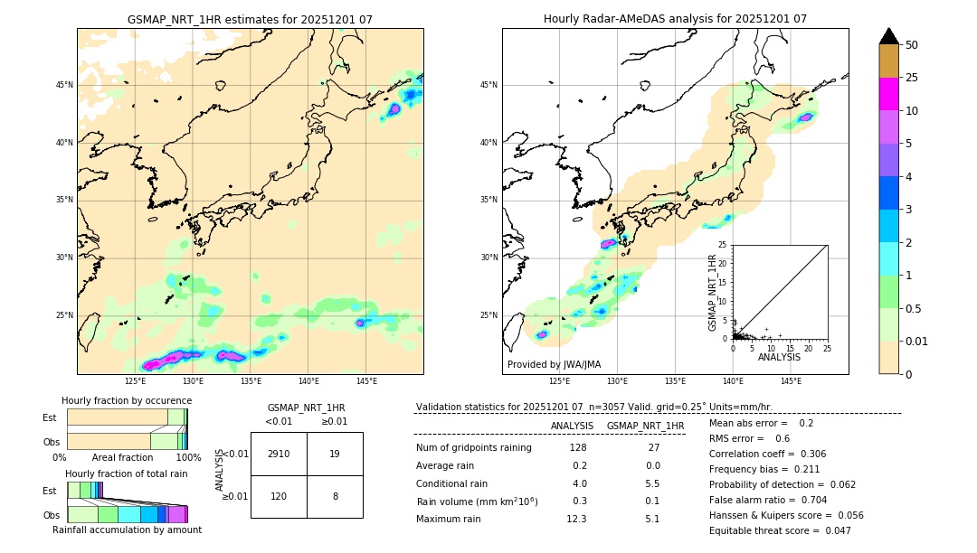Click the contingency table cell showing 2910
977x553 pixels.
coord(279,454)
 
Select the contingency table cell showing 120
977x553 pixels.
coord(279,496)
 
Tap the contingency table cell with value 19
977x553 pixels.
coord(335,454)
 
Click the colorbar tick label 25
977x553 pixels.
coord(912,78)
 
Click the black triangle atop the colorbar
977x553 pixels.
coord(889,36)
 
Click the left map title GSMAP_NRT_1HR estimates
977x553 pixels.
coord(250,19)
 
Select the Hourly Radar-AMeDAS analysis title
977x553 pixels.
coord(675,19)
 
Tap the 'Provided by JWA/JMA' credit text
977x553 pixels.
coord(554,364)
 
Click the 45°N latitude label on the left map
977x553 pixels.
coord(64,85)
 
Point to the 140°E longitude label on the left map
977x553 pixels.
coord(308,381)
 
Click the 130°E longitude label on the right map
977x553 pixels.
coord(618,381)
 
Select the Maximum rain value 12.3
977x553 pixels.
coord(576,519)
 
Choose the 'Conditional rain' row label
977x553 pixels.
coord(452,483)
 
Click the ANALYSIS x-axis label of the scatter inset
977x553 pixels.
coord(779,357)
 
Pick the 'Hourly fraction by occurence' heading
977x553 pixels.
coord(127,400)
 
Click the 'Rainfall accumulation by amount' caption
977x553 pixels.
coord(127,530)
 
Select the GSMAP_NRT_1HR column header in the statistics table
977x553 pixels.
coord(645,426)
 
